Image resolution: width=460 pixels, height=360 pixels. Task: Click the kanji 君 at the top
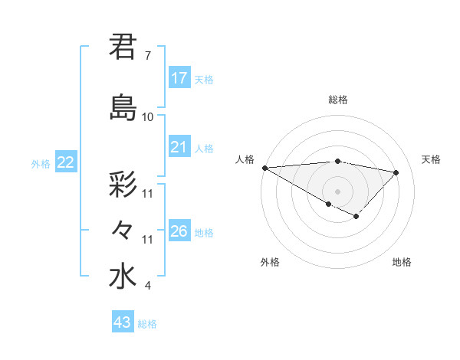point(123,47)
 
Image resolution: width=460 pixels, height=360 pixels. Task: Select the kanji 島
point(123,107)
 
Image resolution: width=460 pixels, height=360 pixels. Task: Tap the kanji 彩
point(123,185)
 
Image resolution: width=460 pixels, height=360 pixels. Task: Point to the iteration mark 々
point(123,229)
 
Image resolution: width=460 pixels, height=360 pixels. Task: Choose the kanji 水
point(123,277)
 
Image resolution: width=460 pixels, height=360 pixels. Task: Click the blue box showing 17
point(179,78)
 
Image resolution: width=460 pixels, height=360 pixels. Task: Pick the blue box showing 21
point(179,147)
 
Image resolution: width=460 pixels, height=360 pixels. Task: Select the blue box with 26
point(179,231)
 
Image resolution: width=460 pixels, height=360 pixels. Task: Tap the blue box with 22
point(66,162)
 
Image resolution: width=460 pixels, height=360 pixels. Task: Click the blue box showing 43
point(123,322)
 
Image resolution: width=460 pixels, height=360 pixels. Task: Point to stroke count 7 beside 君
point(147,56)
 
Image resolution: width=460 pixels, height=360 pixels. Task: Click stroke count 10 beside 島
point(148,117)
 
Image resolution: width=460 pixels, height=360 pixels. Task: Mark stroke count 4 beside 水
point(147,286)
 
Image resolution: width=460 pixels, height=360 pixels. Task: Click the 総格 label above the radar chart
point(337,100)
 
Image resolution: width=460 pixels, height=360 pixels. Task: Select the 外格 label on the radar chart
point(270,262)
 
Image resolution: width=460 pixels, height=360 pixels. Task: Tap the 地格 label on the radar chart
point(402,262)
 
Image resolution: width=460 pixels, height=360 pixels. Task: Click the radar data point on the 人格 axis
point(264,168)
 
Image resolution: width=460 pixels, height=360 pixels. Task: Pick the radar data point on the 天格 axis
point(396,172)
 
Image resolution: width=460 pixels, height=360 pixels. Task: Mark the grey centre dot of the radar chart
point(337,190)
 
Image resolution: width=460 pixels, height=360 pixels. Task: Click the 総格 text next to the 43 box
point(147,324)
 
